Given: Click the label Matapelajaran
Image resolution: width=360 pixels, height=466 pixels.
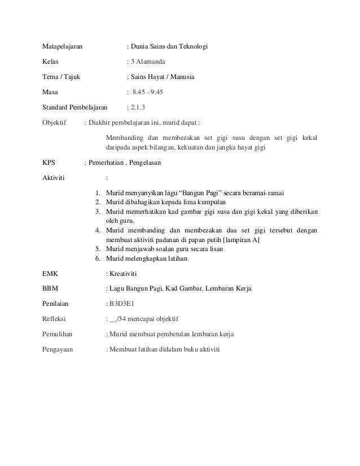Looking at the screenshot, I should (63, 45).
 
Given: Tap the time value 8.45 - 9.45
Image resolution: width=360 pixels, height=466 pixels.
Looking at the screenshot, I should (148, 91).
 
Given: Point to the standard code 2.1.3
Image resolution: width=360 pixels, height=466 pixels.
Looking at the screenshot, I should (137, 106).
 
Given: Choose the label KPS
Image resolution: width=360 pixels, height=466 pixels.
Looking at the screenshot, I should (49, 164).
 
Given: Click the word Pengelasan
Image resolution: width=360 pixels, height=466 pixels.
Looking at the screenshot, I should (146, 164).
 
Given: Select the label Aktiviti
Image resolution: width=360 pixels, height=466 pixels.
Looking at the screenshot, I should (54, 179).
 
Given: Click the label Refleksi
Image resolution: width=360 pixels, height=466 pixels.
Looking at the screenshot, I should (55, 319).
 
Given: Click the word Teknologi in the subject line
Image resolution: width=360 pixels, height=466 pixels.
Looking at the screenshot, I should (192, 45).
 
